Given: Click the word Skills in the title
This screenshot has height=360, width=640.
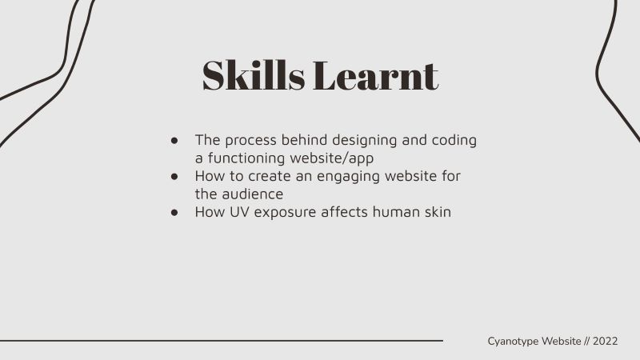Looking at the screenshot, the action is tap(254, 75).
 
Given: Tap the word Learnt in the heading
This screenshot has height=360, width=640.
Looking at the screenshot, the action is tap(375, 75).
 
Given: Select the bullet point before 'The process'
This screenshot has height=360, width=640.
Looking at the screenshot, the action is tap(174, 141).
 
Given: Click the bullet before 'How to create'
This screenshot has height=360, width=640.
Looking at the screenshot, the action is tap(174, 176).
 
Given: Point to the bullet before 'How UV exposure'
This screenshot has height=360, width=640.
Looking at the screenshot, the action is tap(174, 212).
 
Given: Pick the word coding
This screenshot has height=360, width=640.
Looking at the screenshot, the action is tap(454, 141).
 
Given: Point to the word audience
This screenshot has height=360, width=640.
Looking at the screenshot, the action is tap(253, 194).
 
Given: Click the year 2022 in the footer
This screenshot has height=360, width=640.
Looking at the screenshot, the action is tap(606, 342).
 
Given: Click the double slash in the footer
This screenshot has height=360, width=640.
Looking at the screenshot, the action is tap(587, 342).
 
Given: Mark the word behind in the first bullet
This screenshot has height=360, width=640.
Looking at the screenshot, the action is tap(304, 140).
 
